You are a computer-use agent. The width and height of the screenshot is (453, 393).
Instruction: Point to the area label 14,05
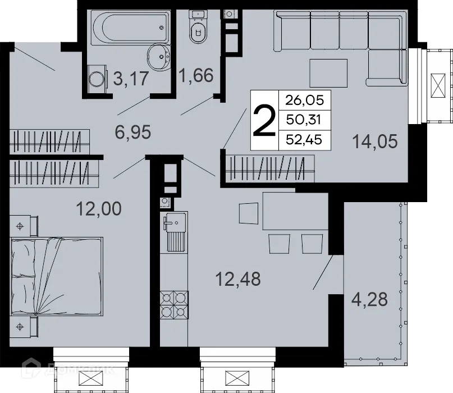[375, 141]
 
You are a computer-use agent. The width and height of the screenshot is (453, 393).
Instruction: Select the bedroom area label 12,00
[98, 209]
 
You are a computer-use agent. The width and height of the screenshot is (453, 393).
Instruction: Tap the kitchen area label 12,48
[239, 278]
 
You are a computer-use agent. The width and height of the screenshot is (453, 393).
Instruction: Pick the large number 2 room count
[264, 121]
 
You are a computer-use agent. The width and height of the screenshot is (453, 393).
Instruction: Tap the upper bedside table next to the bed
[22, 226]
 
